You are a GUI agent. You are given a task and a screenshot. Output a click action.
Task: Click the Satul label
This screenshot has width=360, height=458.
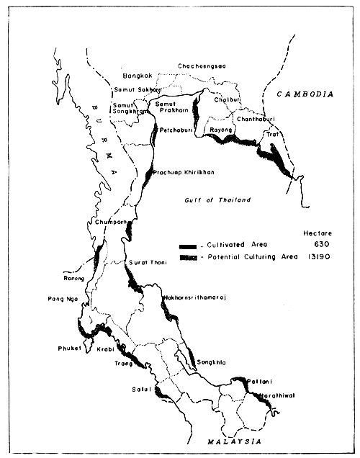pos(138,391)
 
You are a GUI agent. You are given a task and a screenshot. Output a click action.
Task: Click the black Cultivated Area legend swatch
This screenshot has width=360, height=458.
pos(190,245)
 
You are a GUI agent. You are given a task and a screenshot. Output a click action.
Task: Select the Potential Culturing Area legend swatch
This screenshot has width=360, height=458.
pos(190,257)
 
